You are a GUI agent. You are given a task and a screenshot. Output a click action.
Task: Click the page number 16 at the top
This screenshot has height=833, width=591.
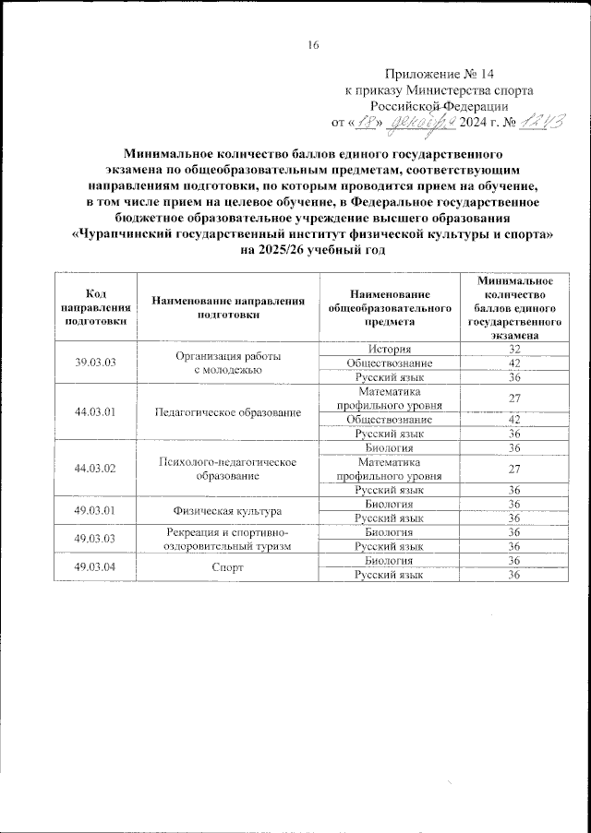tap(313, 45)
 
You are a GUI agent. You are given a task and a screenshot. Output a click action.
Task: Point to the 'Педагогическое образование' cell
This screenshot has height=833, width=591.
tap(227, 411)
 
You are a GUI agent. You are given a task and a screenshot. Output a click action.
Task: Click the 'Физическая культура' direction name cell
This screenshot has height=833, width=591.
tap(227, 510)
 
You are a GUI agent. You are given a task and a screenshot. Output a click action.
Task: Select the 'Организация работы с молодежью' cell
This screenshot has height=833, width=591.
tap(227, 363)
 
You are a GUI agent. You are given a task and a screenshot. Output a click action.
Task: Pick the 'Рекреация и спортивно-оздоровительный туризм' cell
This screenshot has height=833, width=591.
tap(227, 539)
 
